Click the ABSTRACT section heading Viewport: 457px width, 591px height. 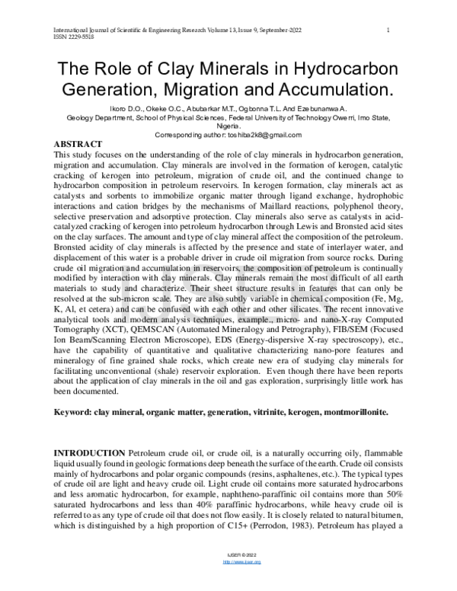coord(80,144)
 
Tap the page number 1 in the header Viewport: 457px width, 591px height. coord(389,30)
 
